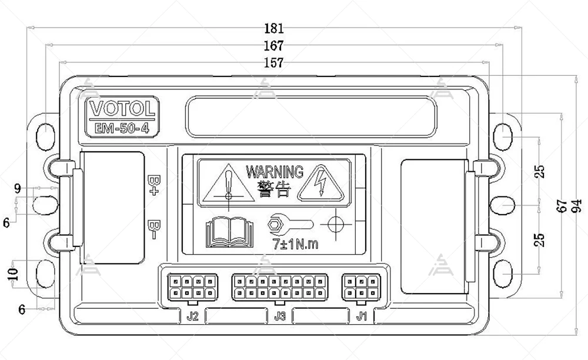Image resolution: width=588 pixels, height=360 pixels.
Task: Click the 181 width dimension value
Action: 273,28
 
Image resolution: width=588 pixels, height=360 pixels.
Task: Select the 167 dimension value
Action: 273,45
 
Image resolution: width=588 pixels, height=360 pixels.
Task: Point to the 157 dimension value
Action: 273,62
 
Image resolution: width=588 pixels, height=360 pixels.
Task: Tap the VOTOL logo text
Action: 123,109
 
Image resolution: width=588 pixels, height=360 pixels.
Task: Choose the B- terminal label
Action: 155,228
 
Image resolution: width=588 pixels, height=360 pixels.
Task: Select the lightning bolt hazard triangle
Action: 319,185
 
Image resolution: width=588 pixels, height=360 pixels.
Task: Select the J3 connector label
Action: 280,316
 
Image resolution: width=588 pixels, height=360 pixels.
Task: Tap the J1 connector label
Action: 362,316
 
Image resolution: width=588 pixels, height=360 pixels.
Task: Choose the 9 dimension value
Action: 18,189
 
